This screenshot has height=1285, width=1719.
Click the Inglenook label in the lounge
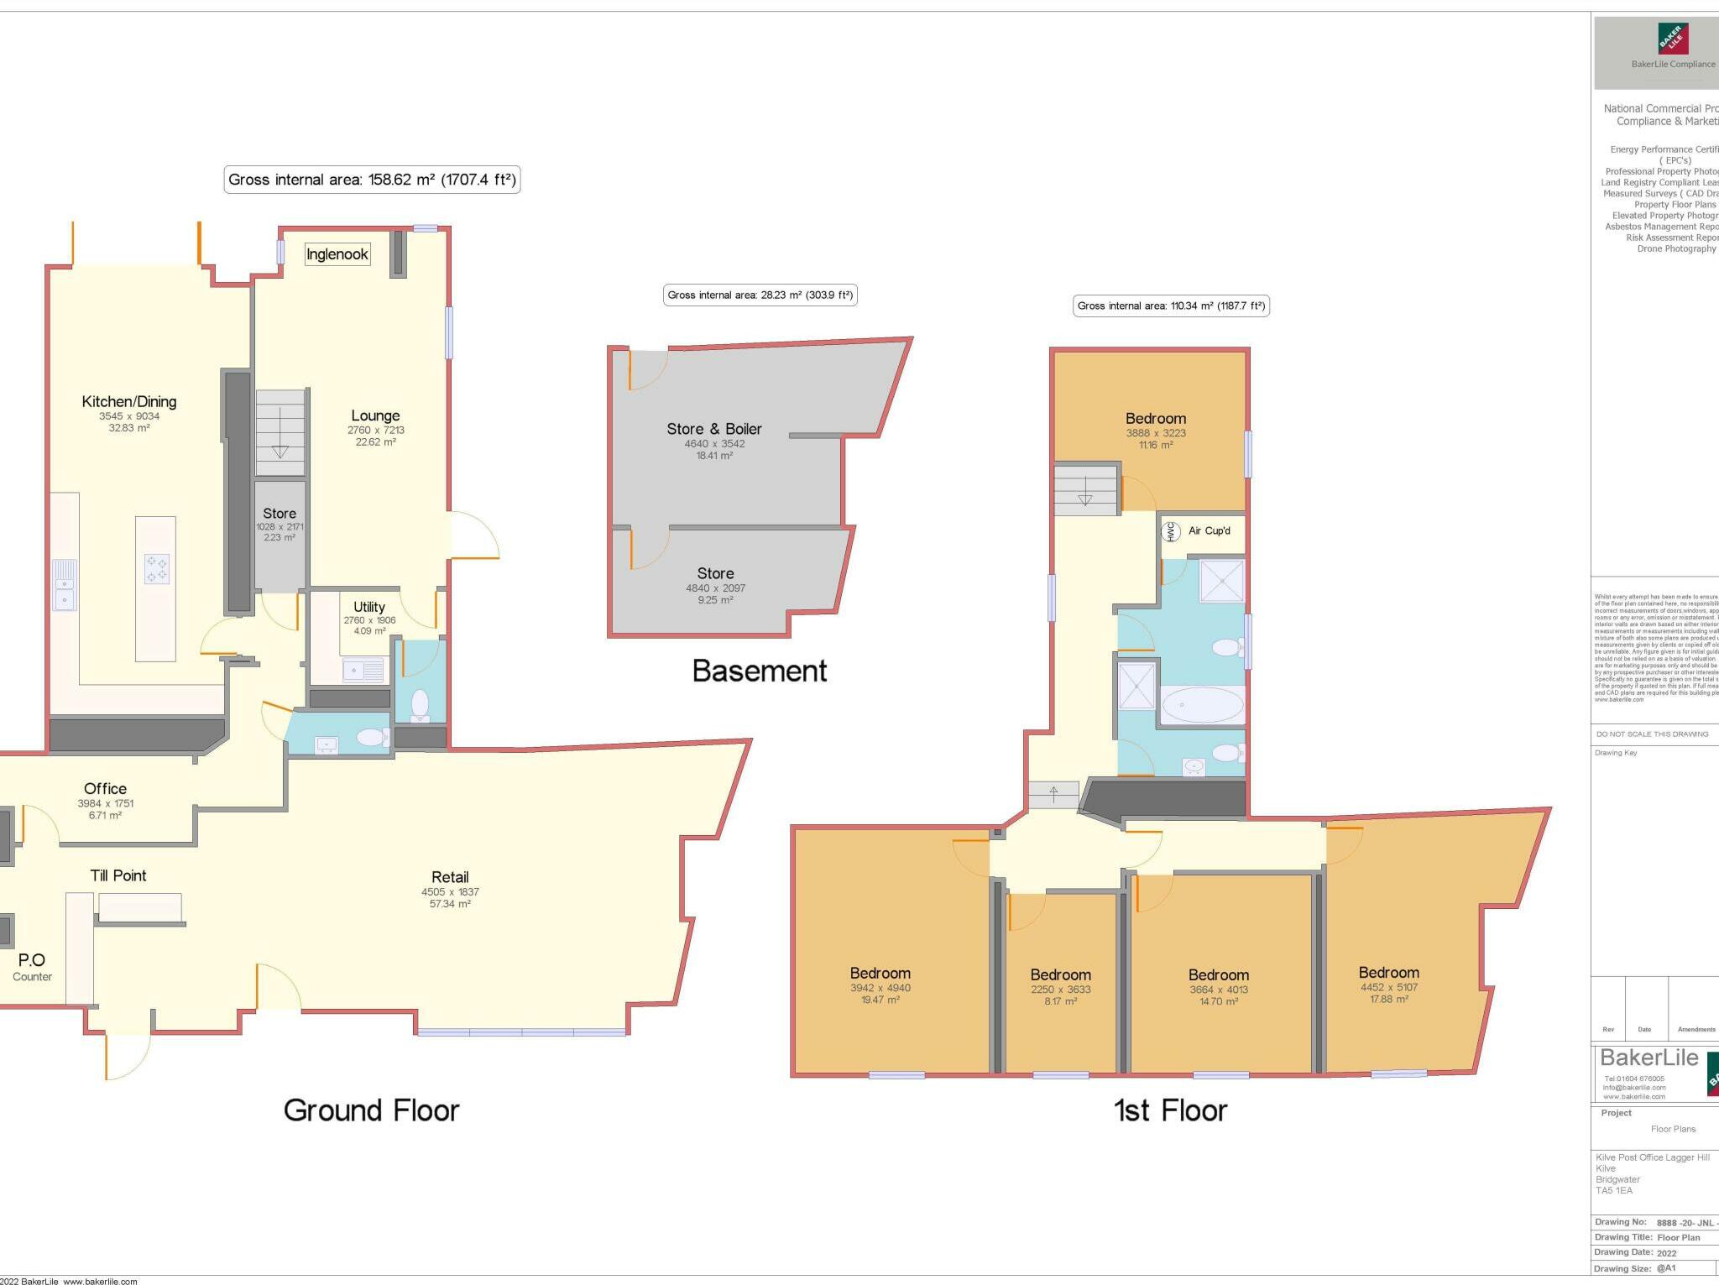point(337,254)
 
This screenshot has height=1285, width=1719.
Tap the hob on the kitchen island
point(156,568)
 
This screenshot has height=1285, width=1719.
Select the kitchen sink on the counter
point(65,584)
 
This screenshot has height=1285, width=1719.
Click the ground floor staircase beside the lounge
point(280,433)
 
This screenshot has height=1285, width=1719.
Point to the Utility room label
point(368,607)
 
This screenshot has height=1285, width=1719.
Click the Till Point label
point(118,875)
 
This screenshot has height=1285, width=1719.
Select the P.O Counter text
point(32,966)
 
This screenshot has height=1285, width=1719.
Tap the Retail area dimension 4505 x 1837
point(450,892)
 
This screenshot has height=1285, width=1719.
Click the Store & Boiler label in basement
point(714,429)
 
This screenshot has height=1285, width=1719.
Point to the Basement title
point(760,671)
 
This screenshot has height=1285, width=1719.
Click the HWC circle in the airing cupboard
point(1171,530)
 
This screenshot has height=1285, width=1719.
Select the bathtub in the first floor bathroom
point(1202,705)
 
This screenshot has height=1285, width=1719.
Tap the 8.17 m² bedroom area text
point(1061,1001)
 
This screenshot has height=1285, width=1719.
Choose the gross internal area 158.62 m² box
point(372,180)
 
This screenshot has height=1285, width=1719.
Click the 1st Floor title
point(1170,1110)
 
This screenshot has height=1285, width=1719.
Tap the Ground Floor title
point(371,1110)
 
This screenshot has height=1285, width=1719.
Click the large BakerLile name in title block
point(1648,1058)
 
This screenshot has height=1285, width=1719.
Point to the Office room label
point(105,789)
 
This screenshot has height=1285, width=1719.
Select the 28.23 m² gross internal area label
point(760,295)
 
